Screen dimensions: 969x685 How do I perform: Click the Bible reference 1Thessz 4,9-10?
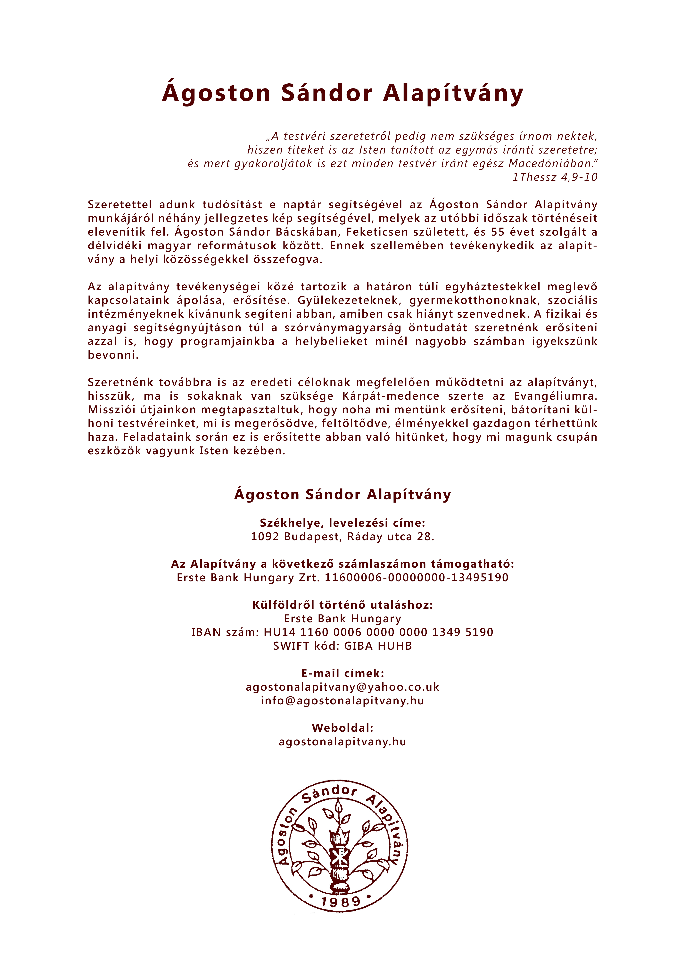555,177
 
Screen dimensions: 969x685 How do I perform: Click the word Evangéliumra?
556,396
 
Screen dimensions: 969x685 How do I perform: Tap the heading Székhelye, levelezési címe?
342,523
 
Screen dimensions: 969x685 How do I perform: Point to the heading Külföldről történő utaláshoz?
342,605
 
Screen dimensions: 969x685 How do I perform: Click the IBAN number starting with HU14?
378,633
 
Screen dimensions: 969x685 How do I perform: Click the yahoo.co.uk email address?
342,687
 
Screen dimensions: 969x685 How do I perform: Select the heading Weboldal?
342,728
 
